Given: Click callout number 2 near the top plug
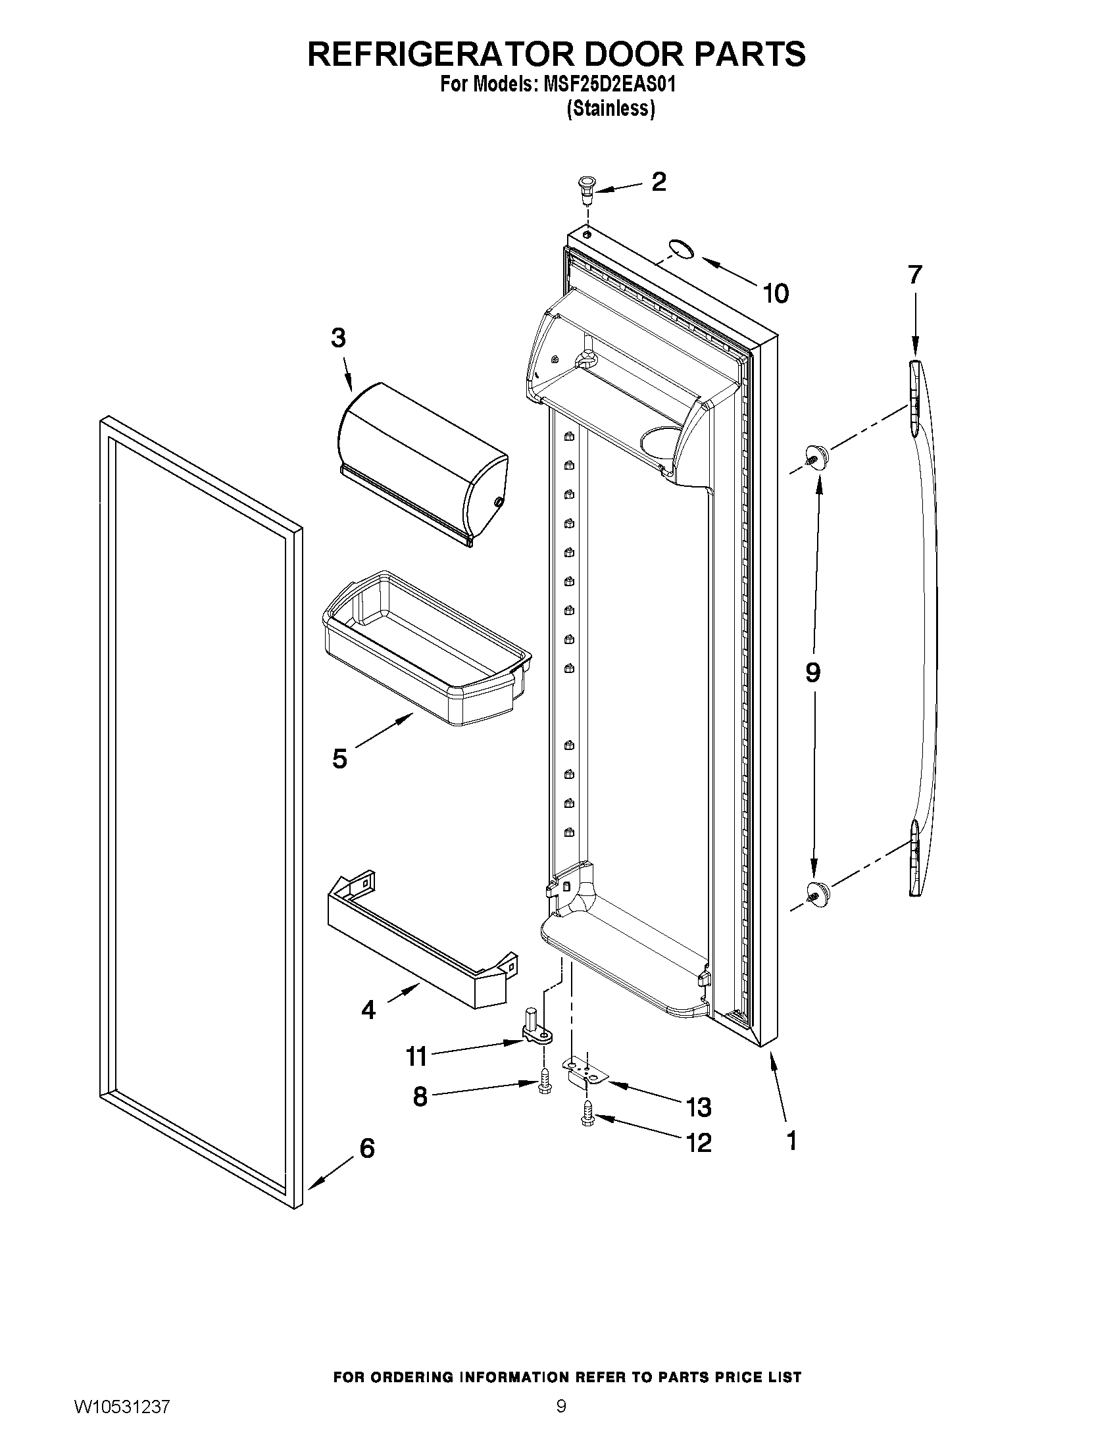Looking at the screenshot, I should point(659,182).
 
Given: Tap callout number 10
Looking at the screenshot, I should point(776,293).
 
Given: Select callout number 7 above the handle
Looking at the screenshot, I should point(915,274).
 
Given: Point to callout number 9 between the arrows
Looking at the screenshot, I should point(812,672).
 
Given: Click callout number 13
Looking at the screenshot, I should point(699,1107).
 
